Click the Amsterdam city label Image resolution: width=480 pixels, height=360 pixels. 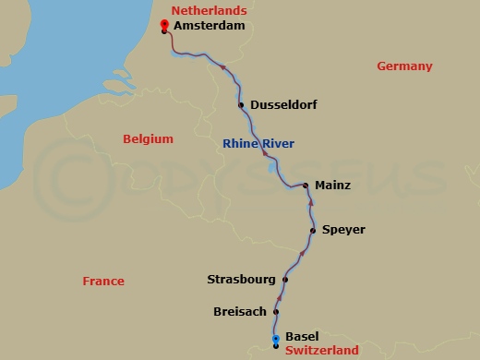[210, 27]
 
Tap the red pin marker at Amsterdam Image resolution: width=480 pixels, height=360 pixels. [164, 25]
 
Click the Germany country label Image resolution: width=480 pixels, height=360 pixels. [404, 66]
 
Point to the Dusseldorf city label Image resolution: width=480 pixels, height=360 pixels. [283, 105]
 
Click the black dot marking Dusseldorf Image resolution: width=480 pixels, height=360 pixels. [242, 105]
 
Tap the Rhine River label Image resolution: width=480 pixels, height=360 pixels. [258, 143]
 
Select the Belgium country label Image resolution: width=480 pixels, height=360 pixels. [148, 139]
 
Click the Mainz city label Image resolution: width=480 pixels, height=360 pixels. [332, 186]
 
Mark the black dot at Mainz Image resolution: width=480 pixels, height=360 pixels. [306, 186]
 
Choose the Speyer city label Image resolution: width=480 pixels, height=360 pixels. [343, 230]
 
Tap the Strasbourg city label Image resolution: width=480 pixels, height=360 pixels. [240, 279]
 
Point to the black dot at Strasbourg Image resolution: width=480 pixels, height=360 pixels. [285, 280]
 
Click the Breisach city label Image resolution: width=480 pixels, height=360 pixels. [241, 312]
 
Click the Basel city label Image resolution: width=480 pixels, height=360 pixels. [302, 337]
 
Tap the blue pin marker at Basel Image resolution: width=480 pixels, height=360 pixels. [275, 341]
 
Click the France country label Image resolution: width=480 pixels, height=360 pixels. [102, 282]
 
